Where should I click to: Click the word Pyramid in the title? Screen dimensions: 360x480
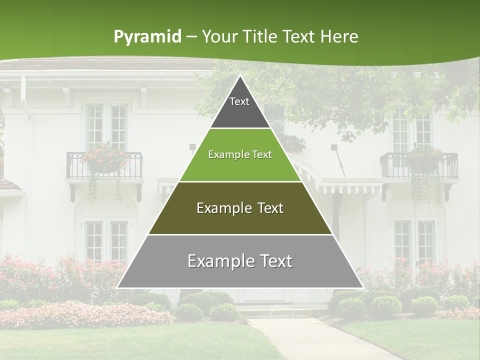[147, 37]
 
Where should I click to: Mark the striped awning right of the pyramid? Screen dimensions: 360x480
[350, 188]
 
